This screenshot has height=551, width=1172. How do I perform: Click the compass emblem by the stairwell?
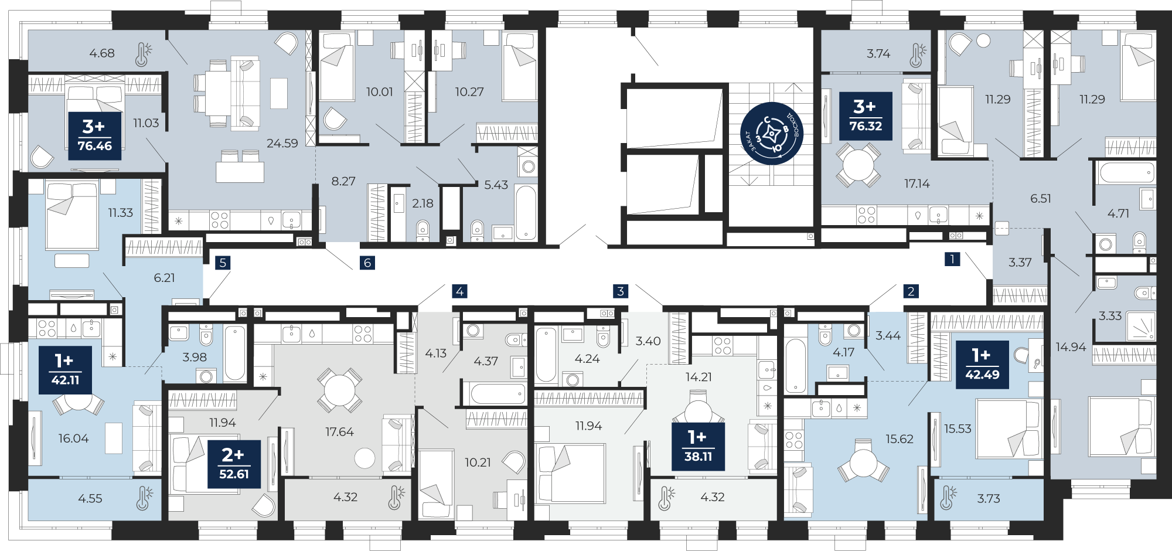coord(772,133)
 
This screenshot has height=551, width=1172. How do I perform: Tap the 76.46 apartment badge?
coord(95,136)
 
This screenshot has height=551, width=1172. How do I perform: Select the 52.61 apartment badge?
coord(234,464)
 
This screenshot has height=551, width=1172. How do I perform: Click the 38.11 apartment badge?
coord(699,447)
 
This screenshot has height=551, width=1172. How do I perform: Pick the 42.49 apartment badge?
coord(983,365)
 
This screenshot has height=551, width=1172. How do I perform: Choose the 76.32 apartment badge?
coord(866,116)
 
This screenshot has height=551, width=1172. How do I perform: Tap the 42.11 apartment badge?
coord(65,370)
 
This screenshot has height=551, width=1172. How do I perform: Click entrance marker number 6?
coord(367,263)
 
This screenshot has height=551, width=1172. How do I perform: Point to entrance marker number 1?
coord(952,259)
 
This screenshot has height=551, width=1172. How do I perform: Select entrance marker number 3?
coord(621,291)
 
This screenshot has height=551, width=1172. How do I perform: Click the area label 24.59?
coord(282,143)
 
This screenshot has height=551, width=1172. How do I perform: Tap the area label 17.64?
coord(340,432)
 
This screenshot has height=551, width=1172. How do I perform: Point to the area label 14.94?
coord(1071,347)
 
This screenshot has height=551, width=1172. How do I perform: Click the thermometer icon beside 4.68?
coord(142,53)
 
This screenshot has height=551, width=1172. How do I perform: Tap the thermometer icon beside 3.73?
coord(948,497)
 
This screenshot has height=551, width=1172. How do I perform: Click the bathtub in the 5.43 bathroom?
coord(526,213)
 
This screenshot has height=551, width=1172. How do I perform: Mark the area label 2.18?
coord(423,203)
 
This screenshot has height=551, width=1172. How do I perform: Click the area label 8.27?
coord(343,181)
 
